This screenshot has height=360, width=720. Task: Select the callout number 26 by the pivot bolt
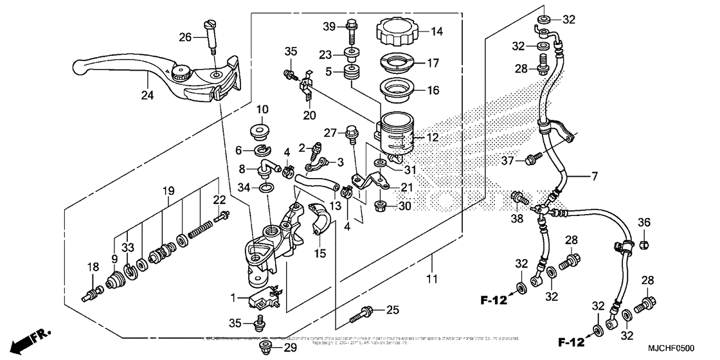tap(184, 37)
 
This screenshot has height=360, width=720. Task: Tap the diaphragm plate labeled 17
tap(399, 65)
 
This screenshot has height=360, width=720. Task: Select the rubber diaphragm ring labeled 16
tap(399, 90)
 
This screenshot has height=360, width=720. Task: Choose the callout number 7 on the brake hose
tap(595, 175)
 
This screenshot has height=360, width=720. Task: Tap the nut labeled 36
tap(646, 244)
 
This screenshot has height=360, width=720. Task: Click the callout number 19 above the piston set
tap(168, 191)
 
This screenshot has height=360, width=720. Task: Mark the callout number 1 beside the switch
tap(235, 298)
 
